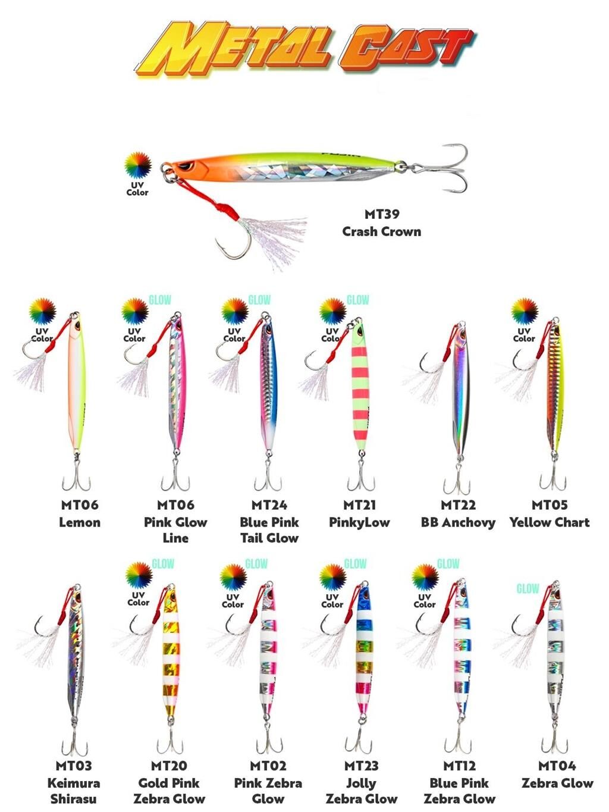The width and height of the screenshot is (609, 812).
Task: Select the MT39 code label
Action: tap(382, 214)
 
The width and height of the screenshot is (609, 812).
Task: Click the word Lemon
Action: tap(80, 522)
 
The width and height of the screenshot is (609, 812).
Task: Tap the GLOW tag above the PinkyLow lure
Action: tap(357, 300)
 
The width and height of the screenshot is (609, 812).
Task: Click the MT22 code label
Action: tap(458, 505)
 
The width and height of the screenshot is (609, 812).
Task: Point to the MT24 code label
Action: tap(269, 505)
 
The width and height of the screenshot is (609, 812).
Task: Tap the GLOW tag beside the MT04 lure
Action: tap(528, 589)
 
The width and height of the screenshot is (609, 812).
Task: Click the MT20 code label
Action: tap(169, 766)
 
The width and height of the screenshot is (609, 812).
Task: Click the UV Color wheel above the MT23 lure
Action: tap(333, 576)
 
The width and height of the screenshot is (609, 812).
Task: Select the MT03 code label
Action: tap(74, 766)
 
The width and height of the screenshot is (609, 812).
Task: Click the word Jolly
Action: tap(361, 783)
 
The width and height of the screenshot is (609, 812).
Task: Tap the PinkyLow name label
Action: tap(359, 522)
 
